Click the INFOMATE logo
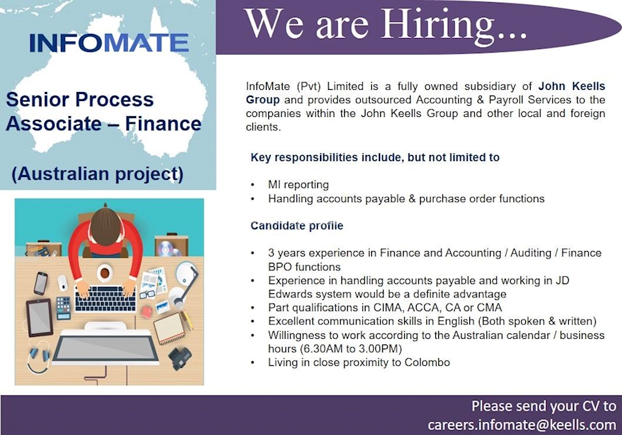(x=109, y=43)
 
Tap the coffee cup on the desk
(x=104, y=272)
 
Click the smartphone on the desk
(x=41, y=282)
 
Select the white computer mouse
(x=62, y=283)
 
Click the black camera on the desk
(x=180, y=358)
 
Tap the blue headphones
(x=38, y=358)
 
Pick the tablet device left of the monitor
(x=39, y=317)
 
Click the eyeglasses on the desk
(x=147, y=294)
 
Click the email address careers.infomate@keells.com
(x=521, y=424)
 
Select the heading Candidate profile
(x=296, y=225)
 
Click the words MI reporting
(x=299, y=185)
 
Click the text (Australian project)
(x=97, y=173)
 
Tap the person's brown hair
(x=106, y=225)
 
